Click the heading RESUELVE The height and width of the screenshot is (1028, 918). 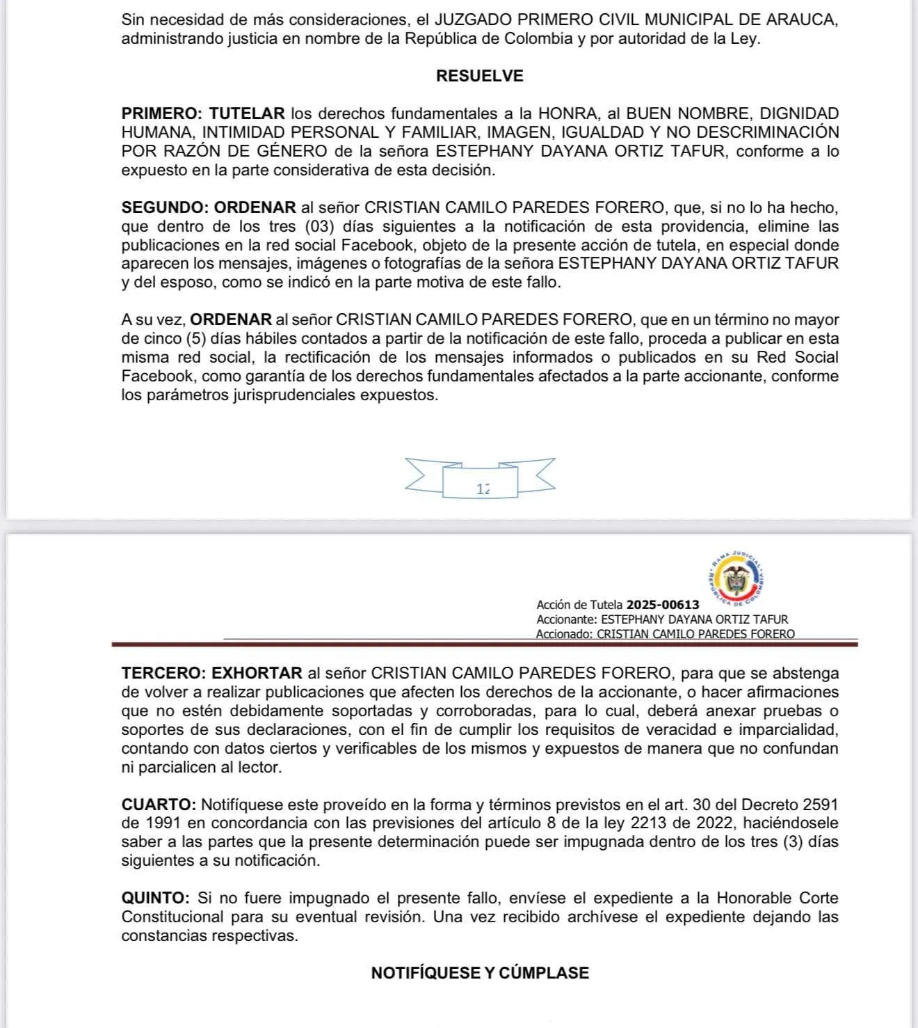pos(479,76)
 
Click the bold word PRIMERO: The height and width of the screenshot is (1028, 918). pos(161,113)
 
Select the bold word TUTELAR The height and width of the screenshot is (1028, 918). pos(247,113)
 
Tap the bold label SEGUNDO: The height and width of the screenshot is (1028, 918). pos(164,207)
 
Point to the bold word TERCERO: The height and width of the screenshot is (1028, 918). pos(163,673)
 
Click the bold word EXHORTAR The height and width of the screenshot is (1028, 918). pos(257,673)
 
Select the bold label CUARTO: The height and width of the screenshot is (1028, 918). pos(159,805)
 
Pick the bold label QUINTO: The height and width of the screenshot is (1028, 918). pos(155,898)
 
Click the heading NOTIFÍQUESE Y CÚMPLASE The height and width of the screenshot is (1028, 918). pos(480,973)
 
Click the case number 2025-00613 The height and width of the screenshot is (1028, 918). pos(663,605)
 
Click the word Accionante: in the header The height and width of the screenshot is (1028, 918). pos(567,619)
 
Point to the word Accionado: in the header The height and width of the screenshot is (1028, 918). pos(565,634)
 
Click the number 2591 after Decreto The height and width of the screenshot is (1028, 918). pos(820,805)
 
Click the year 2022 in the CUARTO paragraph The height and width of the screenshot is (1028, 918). pos(709,823)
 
